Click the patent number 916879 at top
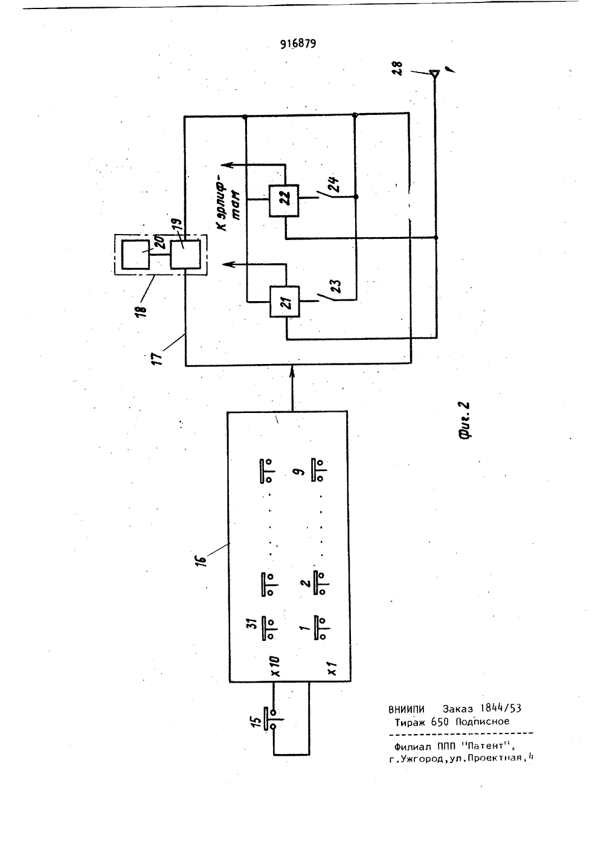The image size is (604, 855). (298, 44)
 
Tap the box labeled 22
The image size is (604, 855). (284, 201)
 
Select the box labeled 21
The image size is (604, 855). (284, 302)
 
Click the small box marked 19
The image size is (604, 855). (185, 254)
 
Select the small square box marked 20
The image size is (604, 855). (135, 255)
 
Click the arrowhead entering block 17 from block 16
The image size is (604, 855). (292, 369)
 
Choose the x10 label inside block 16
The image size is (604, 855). (275, 666)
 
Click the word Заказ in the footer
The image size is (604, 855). (458, 709)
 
